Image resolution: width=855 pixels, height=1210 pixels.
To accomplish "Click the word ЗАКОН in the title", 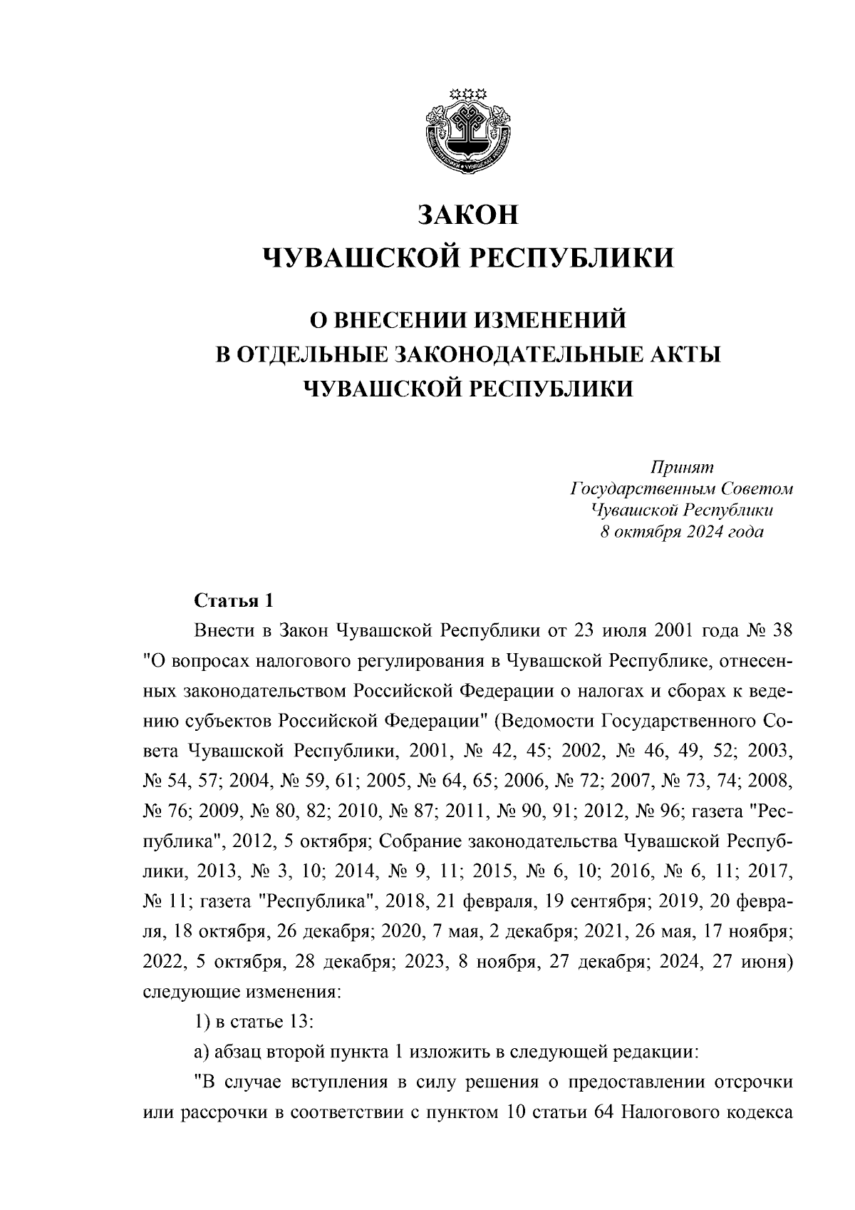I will click(x=468, y=215).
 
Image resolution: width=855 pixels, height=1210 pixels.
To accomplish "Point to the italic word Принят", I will click(x=681, y=467).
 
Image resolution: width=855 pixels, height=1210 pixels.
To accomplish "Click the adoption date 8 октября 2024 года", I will click(x=681, y=533).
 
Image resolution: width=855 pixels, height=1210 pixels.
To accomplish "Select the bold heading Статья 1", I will click(x=234, y=601).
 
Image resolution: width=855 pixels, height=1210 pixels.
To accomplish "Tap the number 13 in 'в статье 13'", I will click(x=301, y=1020).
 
